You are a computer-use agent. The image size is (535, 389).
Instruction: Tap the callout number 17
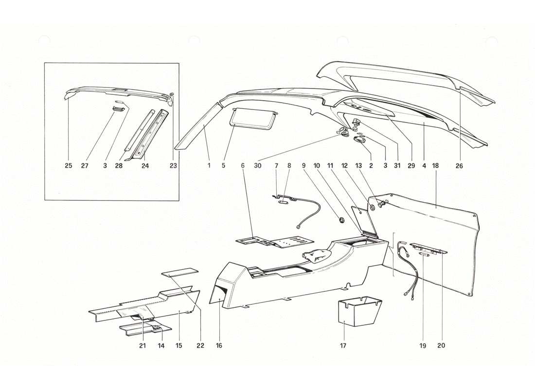(x=343, y=346)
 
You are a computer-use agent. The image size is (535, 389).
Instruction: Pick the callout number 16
(x=219, y=346)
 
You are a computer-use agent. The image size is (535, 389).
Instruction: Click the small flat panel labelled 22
(x=180, y=272)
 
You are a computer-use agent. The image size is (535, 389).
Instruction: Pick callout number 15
(x=178, y=346)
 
